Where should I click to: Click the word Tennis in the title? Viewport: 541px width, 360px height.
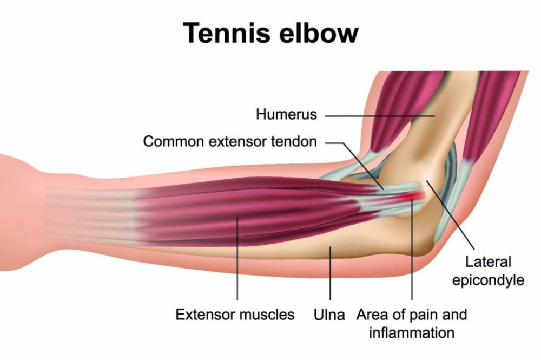[227, 32]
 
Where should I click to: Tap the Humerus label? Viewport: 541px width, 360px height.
[286, 114]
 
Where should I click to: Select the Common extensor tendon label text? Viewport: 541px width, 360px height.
[230, 141]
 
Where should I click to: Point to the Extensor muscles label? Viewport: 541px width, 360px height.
[235, 315]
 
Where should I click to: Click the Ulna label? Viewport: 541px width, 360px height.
[329, 315]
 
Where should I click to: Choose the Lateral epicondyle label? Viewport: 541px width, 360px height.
[488, 271]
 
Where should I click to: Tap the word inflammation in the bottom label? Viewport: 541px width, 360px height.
[412, 333]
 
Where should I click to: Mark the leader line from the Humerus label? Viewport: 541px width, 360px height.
[380, 116]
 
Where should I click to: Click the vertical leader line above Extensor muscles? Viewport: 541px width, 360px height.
[237, 259]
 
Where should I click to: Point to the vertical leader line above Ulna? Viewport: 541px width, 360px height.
[330, 273]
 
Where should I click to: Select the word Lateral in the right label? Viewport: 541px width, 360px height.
[488, 262]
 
